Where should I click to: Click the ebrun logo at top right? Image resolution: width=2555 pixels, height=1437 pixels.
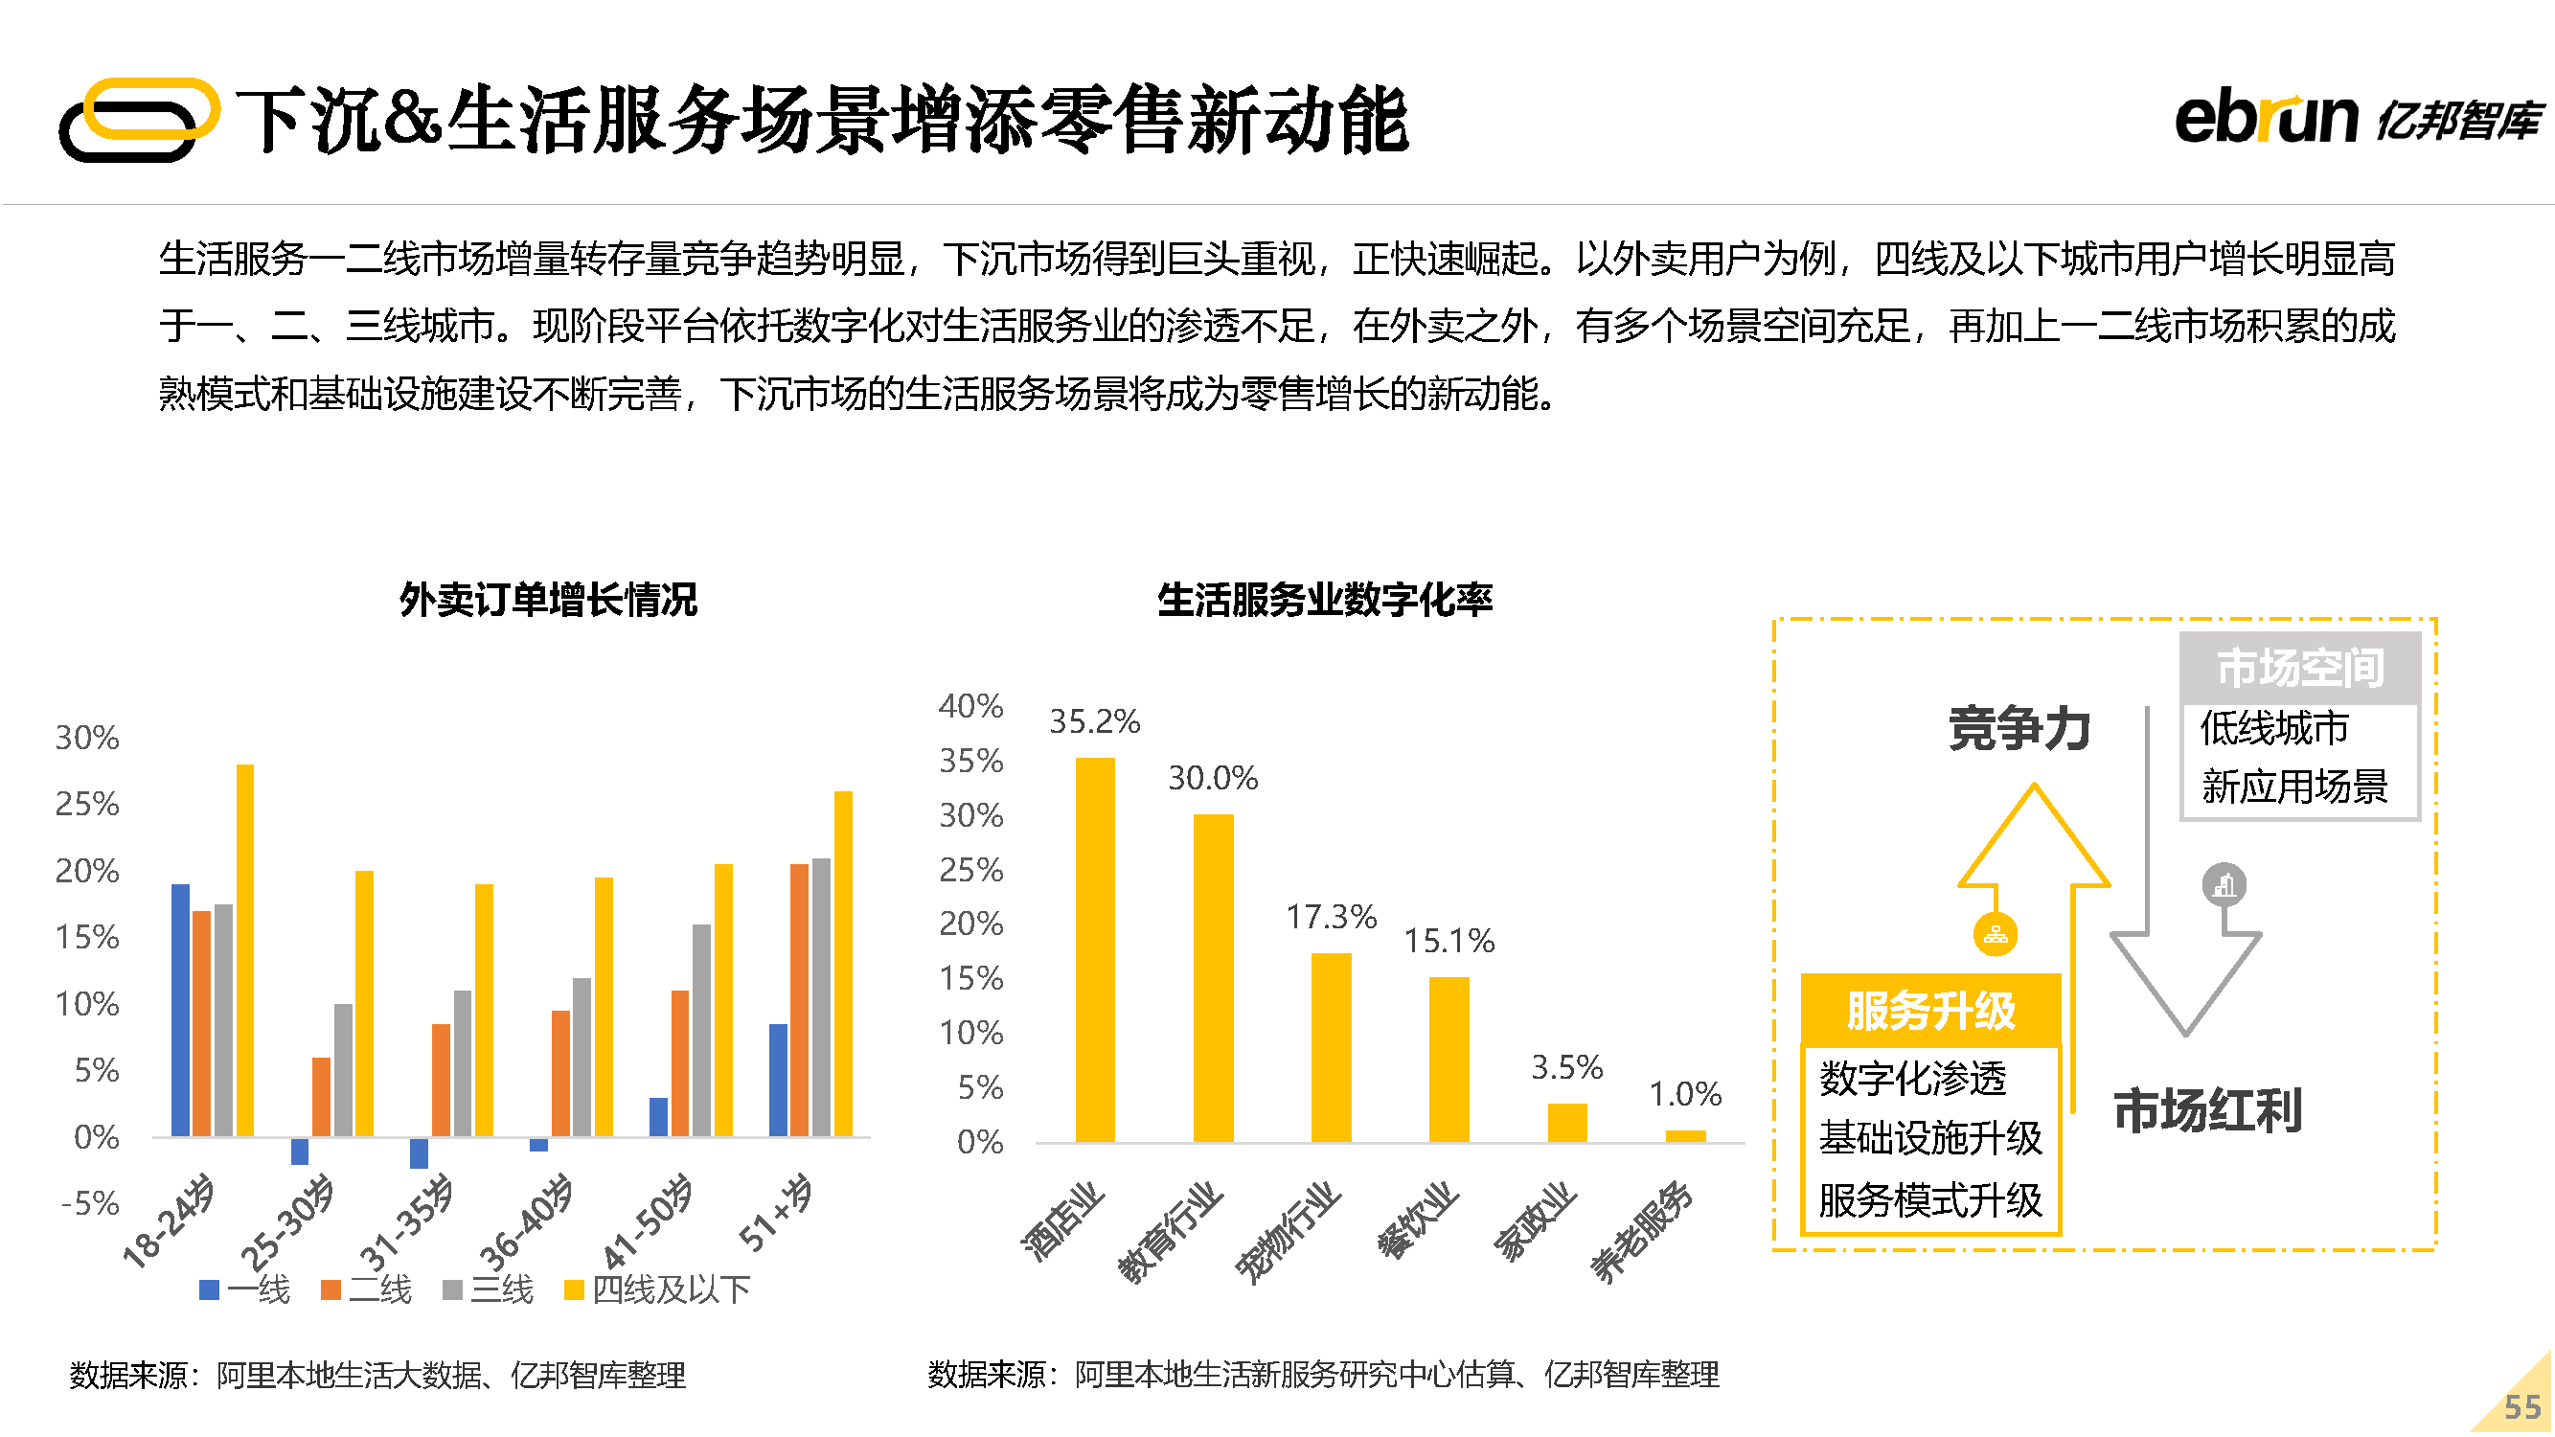[2357, 119]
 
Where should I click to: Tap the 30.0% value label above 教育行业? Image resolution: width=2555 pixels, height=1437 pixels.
[1212, 779]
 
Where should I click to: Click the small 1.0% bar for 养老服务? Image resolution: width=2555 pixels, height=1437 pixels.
[1685, 1136]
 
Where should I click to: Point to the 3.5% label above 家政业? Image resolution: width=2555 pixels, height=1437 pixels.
[1566, 1068]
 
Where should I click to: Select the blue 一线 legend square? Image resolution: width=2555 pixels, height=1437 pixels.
[209, 1289]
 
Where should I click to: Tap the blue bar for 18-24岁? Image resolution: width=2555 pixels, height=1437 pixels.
[180, 1010]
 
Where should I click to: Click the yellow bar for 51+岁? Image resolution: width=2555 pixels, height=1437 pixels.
[843, 963]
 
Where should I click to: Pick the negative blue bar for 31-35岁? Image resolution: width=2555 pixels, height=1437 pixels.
[419, 1152]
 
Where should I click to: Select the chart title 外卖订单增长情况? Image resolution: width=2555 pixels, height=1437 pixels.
[549, 600]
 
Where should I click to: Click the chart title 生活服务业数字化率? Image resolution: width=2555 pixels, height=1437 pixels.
[1324, 600]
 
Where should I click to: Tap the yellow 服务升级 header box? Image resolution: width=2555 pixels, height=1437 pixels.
[1930, 1011]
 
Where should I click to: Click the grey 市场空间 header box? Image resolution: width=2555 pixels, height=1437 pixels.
[2299, 668]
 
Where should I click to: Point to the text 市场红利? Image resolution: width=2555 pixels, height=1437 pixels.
[2207, 1109]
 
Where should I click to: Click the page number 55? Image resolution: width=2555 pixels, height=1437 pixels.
[2521, 1406]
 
